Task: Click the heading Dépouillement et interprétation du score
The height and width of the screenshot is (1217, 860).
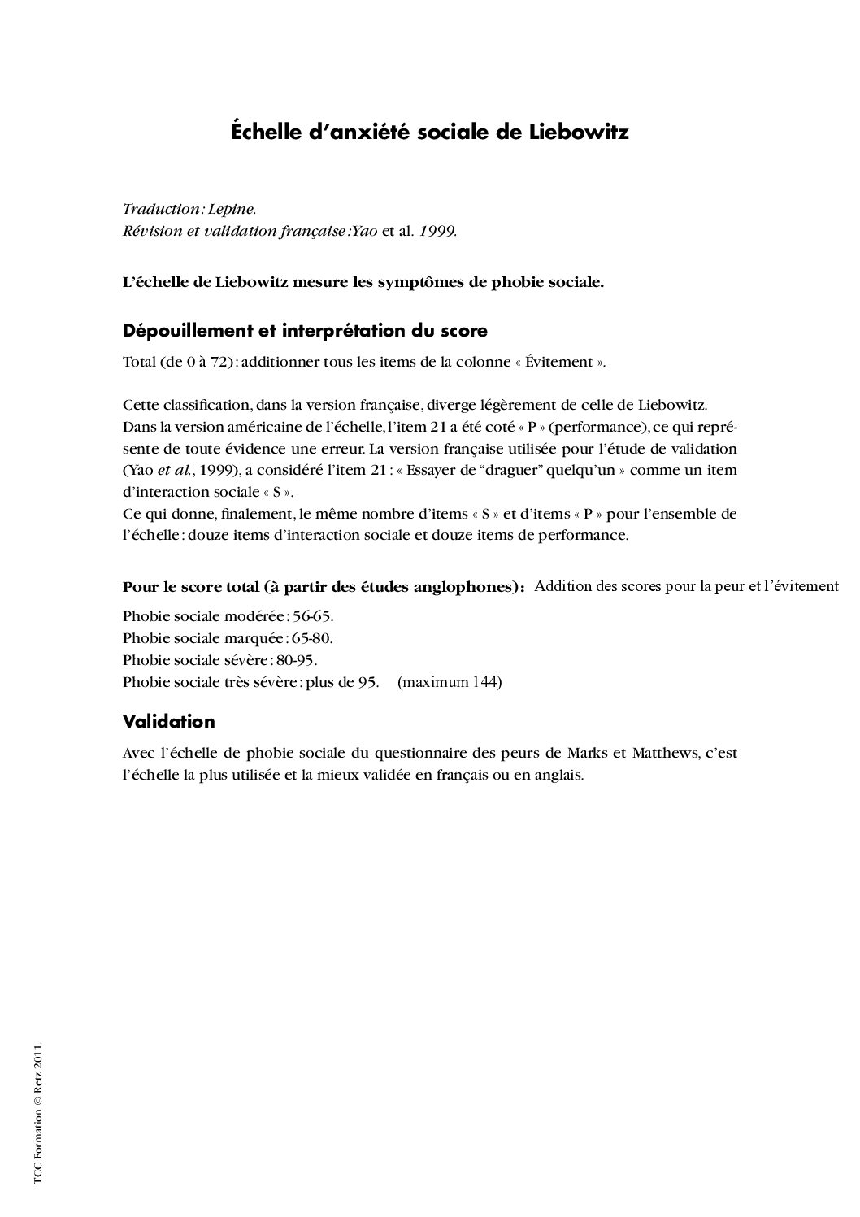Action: pyautogui.click(x=305, y=331)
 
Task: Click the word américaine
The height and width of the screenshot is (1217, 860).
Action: pyautogui.click(x=245, y=428)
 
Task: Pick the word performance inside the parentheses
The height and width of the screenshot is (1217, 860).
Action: pyautogui.click(x=599, y=428)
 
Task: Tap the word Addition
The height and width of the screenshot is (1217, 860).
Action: pyautogui.click(x=562, y=586)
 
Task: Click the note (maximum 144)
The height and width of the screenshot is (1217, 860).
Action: pyautogui.click(x=450, y=682)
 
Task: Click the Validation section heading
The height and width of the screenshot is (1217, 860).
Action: pyautogui.click(x=169, y=722)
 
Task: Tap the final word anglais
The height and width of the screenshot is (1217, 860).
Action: pyautogui.click(x=558, y=776)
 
